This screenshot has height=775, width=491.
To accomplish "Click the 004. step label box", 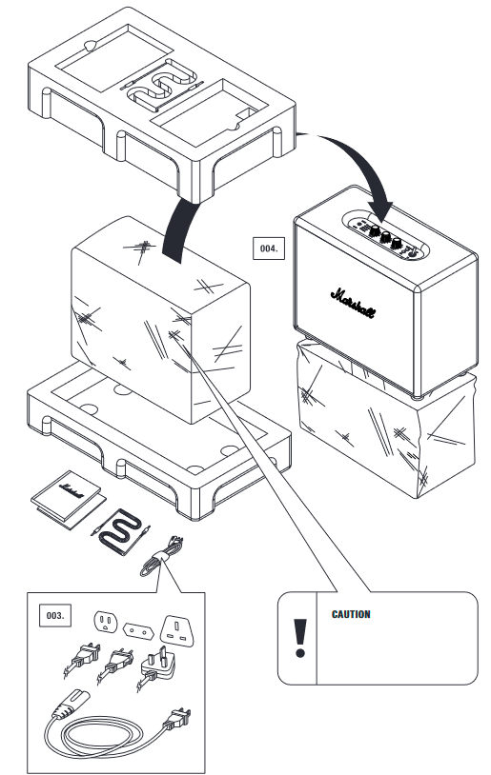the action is click(269, 248).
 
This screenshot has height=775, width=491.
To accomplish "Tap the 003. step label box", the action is click(55, 615).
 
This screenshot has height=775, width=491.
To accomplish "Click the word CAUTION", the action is click(351, 614).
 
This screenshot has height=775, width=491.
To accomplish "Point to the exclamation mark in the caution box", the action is click(300, 638).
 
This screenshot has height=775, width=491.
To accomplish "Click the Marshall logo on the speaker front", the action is click(353, 303).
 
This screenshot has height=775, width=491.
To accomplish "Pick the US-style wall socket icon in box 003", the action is click(105, 622).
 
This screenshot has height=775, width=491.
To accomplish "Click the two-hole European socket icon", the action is click(138, 630).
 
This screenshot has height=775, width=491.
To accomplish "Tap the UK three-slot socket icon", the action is click(176, 630).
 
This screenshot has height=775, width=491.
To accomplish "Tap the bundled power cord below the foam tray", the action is click(161, 557).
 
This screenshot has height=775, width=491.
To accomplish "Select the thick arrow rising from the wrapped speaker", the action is click(180, 229).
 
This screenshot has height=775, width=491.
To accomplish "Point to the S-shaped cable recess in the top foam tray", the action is click(161, 85).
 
